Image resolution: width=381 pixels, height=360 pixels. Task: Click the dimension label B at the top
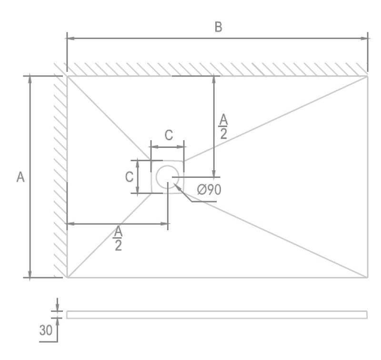tap(218, 27)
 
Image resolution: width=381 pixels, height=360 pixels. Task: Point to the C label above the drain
tap(169, 135)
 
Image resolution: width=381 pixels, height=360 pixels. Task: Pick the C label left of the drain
tap(129, 177)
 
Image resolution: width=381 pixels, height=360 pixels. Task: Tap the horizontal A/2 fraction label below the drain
tap(118, 238)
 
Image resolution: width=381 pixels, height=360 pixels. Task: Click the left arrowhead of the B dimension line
tap(70, 39)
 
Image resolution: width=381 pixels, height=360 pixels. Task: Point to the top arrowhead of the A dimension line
tap(30, 79)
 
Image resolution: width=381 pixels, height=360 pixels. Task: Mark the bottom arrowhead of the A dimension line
tap(30, 274)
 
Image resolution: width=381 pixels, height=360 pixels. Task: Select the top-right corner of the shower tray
tap(367, 76)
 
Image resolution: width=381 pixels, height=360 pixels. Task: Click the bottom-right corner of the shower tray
tap(367, 277)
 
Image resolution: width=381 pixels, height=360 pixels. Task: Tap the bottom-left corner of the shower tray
tap(67, 277)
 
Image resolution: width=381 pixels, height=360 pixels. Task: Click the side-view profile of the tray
tap(217, 314)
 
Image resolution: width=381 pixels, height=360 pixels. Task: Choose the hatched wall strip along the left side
tap(60, 176)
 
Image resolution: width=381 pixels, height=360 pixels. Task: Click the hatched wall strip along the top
tap(217, 69)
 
